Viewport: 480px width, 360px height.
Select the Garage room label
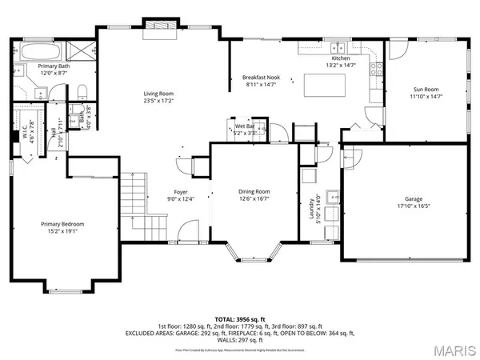coord(413,199)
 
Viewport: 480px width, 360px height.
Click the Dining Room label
coord(254,192)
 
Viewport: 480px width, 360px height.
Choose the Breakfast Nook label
coord(260,77)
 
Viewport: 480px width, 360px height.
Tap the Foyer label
coord(180,192)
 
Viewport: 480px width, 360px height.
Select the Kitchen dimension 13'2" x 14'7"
coord(342,66)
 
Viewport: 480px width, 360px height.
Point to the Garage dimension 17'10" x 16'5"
coord(413,206)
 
